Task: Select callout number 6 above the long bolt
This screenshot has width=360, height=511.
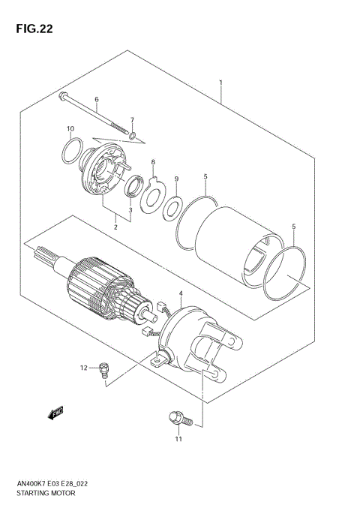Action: click(x=97, y=99)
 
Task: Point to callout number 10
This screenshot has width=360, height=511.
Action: click(x=70, y=128)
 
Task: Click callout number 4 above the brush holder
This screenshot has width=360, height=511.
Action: click(x=180, y=292)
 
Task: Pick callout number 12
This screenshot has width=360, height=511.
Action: click(x=85, y=367)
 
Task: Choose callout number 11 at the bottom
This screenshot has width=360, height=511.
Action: click(x=178, y=439)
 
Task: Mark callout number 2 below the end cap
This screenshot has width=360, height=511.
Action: click(x=116, y=226)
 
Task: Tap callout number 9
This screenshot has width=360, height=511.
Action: click(x=176, y=179)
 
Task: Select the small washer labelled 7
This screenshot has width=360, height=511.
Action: click(x=132, y=137)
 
